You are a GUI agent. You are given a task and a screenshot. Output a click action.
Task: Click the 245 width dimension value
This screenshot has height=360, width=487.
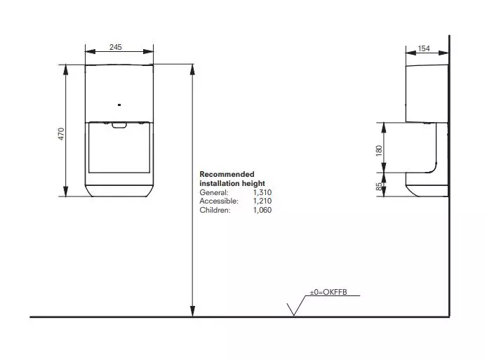116,47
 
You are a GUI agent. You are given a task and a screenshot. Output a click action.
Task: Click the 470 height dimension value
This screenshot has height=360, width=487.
61,134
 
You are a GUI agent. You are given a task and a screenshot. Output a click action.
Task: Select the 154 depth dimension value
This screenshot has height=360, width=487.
424,48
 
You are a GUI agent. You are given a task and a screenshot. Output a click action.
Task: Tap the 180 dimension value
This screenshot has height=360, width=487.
379,151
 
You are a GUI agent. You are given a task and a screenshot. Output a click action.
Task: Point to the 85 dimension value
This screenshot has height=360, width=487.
379,187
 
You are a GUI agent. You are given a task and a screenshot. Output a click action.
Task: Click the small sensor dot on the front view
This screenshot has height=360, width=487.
119,105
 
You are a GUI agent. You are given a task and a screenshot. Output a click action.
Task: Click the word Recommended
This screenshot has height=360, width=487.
227,174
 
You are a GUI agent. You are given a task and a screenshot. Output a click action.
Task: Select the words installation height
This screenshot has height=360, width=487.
232,183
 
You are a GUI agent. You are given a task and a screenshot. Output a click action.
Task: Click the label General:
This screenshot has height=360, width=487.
214,192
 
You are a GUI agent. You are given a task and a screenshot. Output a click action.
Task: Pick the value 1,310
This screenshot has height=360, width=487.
262,192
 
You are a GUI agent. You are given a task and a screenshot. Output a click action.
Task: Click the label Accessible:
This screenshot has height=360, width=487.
219,201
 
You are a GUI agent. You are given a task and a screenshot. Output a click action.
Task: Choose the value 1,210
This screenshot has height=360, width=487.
262,201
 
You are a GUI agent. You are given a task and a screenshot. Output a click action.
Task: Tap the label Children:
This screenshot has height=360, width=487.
215,210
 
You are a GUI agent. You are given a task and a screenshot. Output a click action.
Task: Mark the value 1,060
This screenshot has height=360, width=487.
262,210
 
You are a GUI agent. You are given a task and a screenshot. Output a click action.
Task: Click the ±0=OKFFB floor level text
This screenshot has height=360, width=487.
328,292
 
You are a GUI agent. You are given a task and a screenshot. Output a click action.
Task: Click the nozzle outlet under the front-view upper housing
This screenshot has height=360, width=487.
119,125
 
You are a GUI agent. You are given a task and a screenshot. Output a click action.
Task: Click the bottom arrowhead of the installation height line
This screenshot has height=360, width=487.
192,311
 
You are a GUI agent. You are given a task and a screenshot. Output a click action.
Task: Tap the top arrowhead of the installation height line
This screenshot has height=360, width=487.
192,70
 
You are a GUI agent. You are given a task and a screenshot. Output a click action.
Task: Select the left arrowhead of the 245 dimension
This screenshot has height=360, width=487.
91,51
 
